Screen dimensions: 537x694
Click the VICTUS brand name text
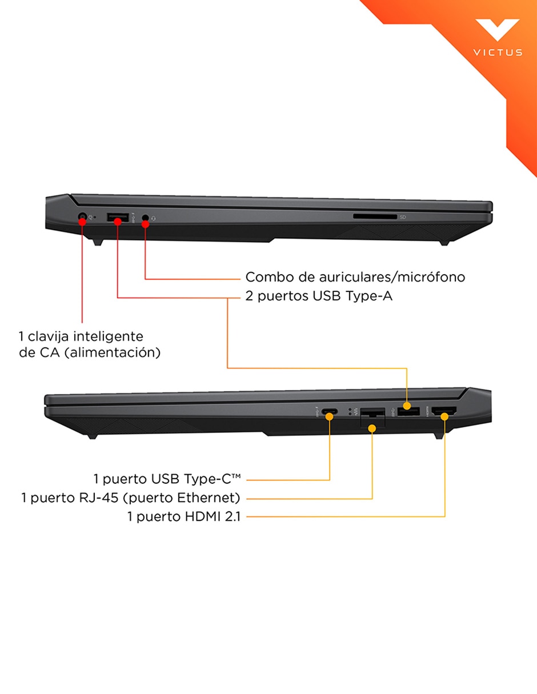coord(498,53)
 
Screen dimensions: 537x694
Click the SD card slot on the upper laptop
coord(375,217)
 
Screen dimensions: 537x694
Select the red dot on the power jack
coord(82,221)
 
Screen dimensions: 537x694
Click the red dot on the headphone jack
coord(145,224)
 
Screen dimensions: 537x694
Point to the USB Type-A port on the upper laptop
coord(118,217)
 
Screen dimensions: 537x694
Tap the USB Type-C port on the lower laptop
coord(330,411)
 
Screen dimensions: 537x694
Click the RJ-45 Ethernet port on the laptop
coord(372,417)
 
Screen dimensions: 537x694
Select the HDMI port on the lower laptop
coord(444,412)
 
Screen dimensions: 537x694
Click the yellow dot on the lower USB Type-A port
coord(407,406)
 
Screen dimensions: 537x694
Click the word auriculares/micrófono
coord(392,277)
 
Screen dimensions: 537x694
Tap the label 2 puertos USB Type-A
coord(319,296)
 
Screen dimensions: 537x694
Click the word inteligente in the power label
coord(107,337)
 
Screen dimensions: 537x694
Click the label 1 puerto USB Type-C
coord(167,479)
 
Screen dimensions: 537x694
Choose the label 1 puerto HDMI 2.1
coord(184,516)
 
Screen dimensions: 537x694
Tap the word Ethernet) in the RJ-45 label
coord(209,498)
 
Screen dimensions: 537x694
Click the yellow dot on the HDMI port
coord(444,416)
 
